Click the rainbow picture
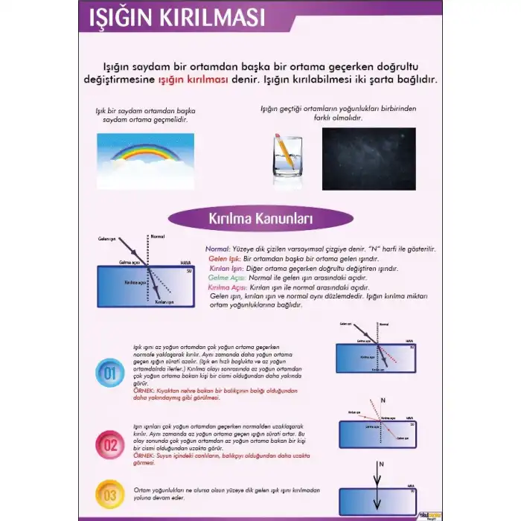[x=145, y=161]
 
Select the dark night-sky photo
[x=368, y=159]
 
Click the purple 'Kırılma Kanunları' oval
[x=260, y=219]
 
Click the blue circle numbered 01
[x=109, y=372]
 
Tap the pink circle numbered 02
[x=109, y=446]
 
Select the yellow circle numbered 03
[x=109, y=494]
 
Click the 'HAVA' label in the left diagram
[x=186, y=263]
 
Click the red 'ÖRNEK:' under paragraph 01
[x=143, y=390]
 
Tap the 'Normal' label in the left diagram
[x=157, y=237]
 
